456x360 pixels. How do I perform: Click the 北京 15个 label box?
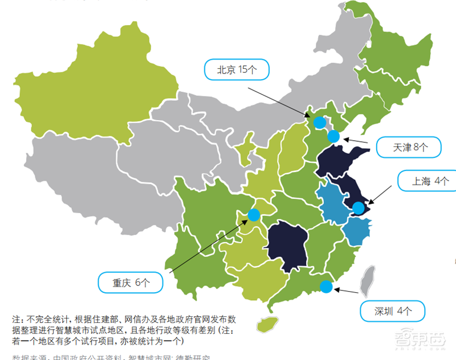pyautogui.click(x=236, y=71)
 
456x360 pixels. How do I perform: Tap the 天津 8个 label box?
pyautogui.click(x=409, y=147)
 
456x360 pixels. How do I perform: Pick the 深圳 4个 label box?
pyautogui.click(x=393, y=310)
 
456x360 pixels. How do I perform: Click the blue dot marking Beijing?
pyautogui.click(x=320, y=122)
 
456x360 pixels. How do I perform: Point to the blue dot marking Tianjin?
pyautogui.click(x=333, y=136)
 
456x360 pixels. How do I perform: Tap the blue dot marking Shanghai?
pyautogui.click(x=358, y=208)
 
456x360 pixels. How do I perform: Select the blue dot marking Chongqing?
pyautogui.click(x=254, y=215)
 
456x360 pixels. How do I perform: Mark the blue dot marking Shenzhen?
pyautogui.click(x=326, y=287)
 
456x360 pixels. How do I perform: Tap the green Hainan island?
pyautogui.click(x=266, y=324)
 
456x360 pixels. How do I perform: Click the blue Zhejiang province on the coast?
pyautogui.click(x=355, y=232)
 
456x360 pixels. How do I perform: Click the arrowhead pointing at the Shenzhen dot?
pyautogui.click(x=336, y=289)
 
